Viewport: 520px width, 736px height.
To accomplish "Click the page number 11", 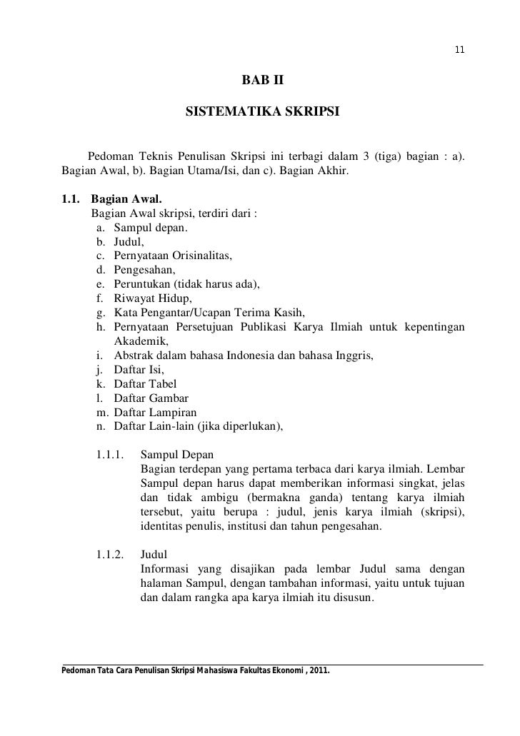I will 459,50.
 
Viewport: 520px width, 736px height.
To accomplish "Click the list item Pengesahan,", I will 144,270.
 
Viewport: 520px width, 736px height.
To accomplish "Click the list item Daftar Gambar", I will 149,398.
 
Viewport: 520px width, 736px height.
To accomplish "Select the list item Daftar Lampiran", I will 155,412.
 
